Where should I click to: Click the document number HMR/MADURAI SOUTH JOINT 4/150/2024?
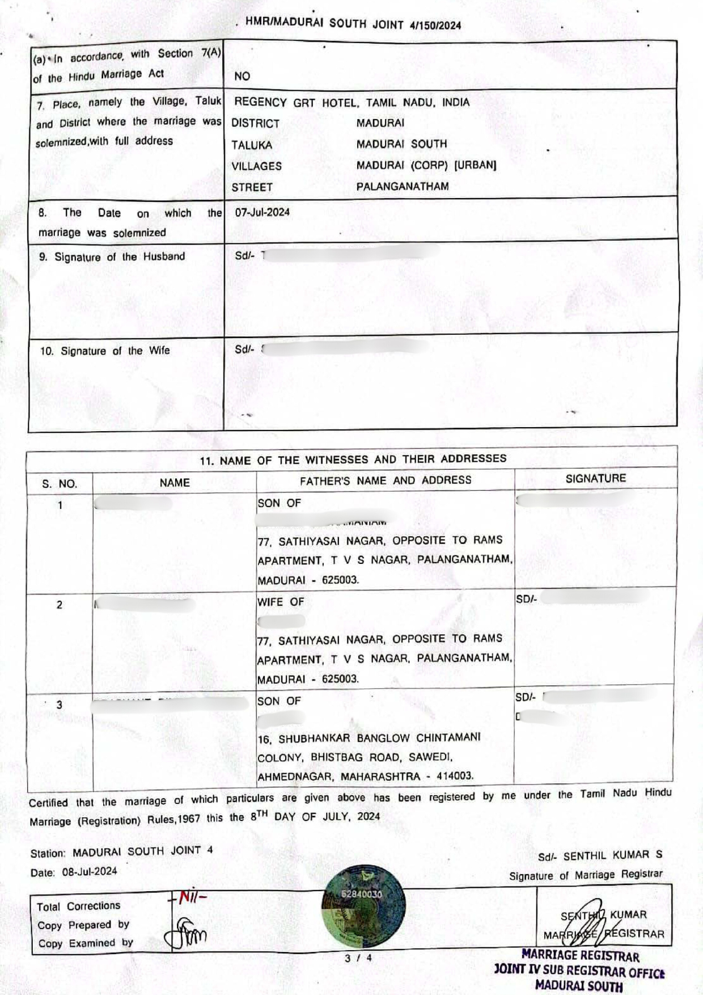pyautogui.click(x=353, y=24)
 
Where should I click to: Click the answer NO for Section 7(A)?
pyautogui.click(x=242, y=76)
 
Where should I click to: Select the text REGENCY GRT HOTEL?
pyautogui.click(x=295, y=103)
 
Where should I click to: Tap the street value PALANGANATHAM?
pyautogui.click(x=402, y=187)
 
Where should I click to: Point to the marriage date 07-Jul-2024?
pyautogui.click(x=262, y=212)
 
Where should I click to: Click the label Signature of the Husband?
pyautogui.click(x=112, y=256)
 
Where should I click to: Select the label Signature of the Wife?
pyautogui.click(x=104, y=351)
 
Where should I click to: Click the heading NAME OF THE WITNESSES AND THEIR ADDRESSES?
pyautogui.click(x=353, y=459)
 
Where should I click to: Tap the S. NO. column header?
pyautogui.click(x=60, y=484)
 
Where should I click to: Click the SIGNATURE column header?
pyautogui.click(x=595, y=479)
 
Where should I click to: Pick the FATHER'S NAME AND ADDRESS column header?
pyautogui.click(x=386, y=480)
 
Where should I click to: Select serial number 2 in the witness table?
pyautogui.click(x=60, y=605)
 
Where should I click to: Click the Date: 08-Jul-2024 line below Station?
pyautogui.click(x=74, y=872)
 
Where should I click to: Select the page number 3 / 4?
pyautogui.click(x=358, y=958)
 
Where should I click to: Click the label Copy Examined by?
pyautogui.click(x=85, y=943)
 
